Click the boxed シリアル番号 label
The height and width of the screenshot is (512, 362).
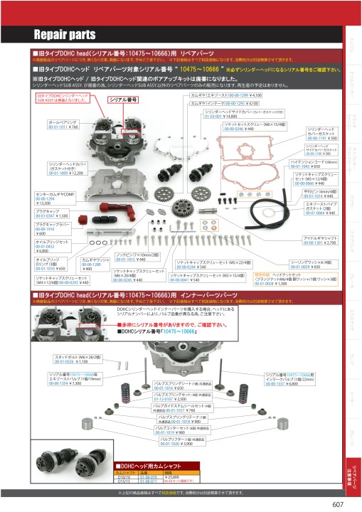pyautogui.click(x=122, y=100)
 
